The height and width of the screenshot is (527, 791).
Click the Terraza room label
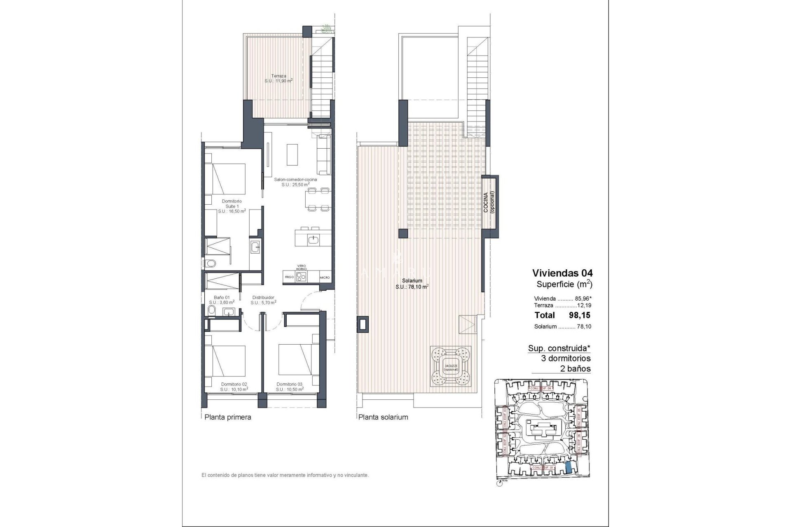(278, 78)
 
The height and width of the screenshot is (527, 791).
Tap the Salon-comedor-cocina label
(295, 182)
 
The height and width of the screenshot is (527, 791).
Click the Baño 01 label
(222, 299)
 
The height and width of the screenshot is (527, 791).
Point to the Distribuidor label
(263, 299)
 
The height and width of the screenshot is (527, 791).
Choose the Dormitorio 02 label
(234, 387)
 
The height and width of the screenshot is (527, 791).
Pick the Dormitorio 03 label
(290, 387)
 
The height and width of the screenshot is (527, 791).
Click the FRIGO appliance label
(289, 277)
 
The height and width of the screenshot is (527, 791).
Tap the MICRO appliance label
(325, 277)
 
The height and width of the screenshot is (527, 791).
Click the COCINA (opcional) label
(489, 202)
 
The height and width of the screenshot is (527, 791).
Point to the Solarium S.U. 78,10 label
(412, 284)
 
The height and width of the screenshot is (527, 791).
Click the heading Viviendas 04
(562, 273)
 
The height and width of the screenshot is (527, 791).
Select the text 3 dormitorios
(566, 359)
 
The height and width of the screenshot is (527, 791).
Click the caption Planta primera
(228, 417)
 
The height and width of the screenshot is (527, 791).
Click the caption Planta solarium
(383, 417)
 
